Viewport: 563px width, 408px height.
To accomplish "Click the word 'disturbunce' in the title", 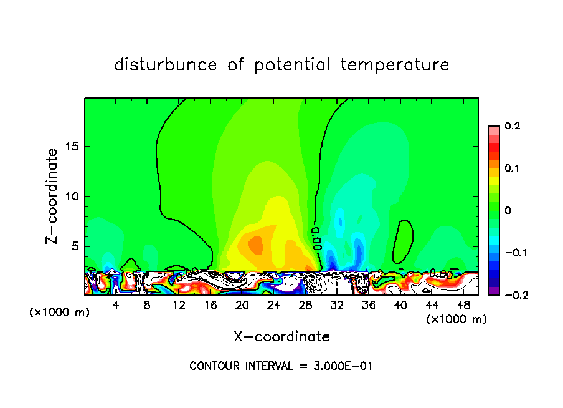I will pos(166,65).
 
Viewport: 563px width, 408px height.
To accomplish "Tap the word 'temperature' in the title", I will pos(395,65).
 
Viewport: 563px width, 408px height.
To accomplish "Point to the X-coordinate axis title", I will pos(281,337).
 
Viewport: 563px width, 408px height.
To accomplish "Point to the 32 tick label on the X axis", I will pos(337,306).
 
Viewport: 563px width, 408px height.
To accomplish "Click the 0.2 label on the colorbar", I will pos(512,126).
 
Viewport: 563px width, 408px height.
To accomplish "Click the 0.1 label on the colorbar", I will pos(512,168).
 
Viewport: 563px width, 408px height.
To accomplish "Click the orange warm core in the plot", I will pos(256,244).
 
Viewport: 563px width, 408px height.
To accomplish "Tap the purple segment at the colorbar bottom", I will pos(494,290).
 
